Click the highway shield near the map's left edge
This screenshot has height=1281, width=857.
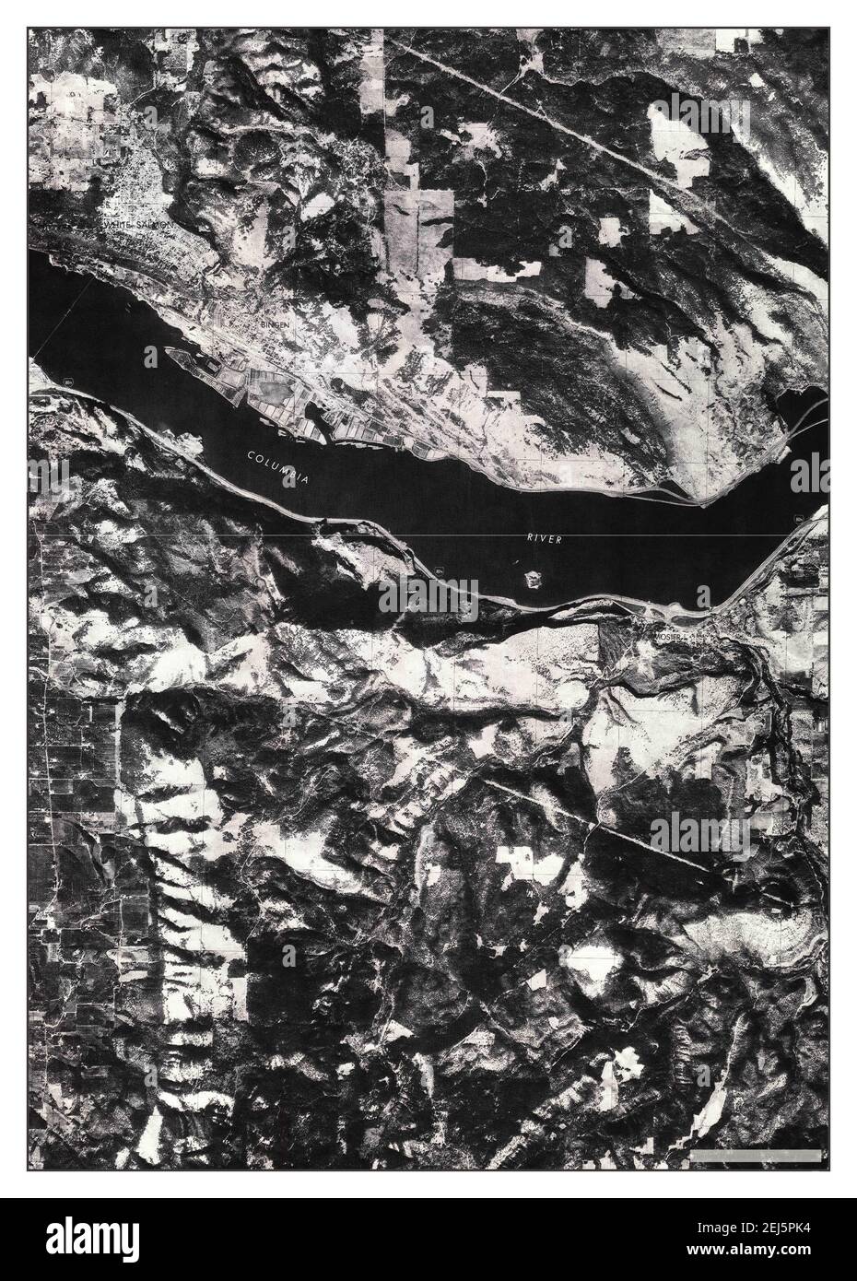tap(70, 381)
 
